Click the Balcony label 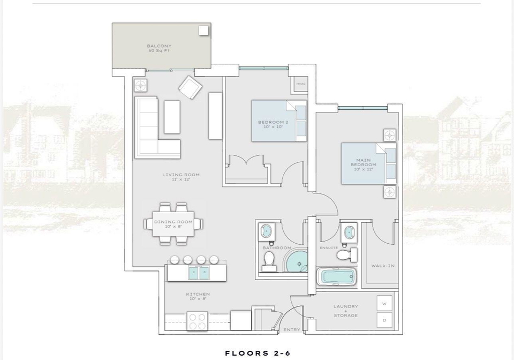click(x=159, y=48)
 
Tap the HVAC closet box click(x=300, y=84)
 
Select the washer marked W click(x=384, y=304)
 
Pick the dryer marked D click(x=384, y=320)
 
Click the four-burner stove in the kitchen click(x=198, y=321)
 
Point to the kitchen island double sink click(x=199, y=273)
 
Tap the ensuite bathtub click(x=337, y=277)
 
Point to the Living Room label click(x=181, y=177)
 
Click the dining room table click(x=173, y=224)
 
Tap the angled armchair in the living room click(x=190, y=87)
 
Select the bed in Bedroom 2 click(x=279, y=121)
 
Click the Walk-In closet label click(x=383, y=266)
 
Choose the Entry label click(x=292, y=329)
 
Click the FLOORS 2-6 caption click(x=258, y=353)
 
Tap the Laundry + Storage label click(x=346, y=311)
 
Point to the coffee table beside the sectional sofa click(x=172, y=117)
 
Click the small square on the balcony click(x=203, y=30)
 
